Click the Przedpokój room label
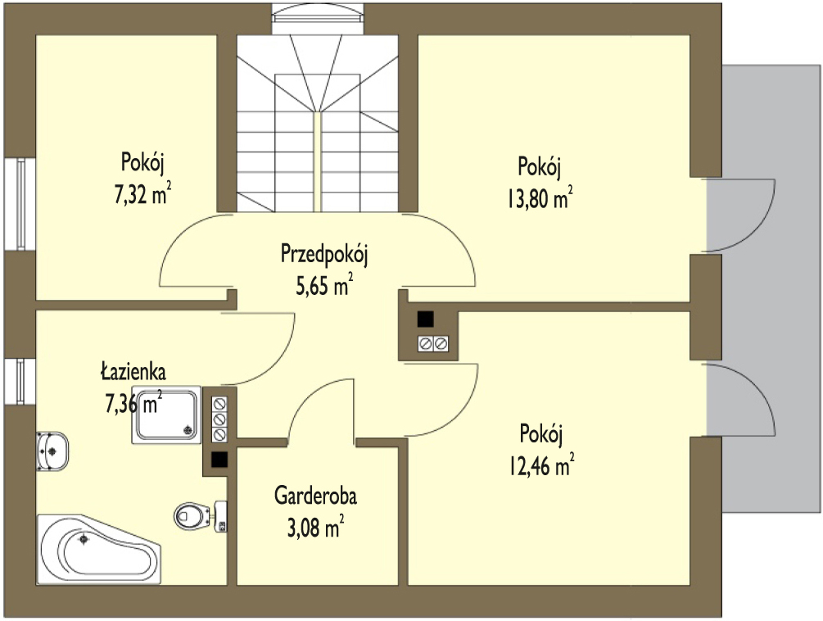324,254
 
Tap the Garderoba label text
315,496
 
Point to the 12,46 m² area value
541,465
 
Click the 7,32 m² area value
142,193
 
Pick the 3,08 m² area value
316,527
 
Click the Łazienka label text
133,370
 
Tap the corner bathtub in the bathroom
98,549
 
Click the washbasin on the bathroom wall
52,451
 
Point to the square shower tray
166,415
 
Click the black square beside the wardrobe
219,460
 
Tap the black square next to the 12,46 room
425,320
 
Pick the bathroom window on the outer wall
20,382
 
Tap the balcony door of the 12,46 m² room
740,399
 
